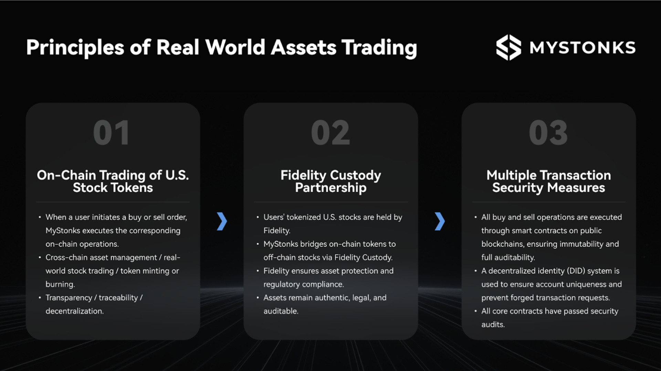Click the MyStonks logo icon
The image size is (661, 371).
coord(508,47)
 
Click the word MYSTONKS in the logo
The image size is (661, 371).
coord(583,47)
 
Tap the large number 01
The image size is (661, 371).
coord(112,133)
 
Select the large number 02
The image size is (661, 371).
coord(330,133)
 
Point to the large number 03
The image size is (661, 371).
coord(548,133)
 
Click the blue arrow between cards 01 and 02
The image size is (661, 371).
coord(222,221)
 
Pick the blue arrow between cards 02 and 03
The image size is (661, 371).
coord(440,221)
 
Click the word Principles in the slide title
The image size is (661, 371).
coord(75,47)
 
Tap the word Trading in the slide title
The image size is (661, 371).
coord(379,47)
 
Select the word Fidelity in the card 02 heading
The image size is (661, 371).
coord(303,175)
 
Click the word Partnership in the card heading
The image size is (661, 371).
coord(330,188)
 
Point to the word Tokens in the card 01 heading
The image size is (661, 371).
coord(132,188)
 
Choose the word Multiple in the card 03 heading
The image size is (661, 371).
coord(511,175)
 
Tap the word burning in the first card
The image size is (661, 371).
coord(60,284)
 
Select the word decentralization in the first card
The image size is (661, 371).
coord(74,311)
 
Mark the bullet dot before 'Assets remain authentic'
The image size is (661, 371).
coord(258,297)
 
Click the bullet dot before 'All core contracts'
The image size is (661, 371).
coord(475,311)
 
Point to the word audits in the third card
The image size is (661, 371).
coord(493,325)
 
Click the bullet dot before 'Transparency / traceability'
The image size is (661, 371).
coord(40,297)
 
